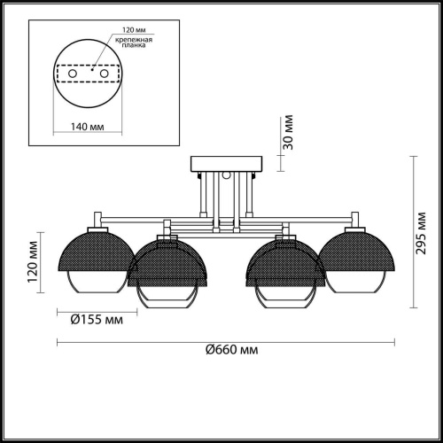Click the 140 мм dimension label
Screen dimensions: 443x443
88,127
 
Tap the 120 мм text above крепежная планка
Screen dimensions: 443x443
134,30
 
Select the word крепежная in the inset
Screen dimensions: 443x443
134,40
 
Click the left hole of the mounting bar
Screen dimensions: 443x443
73,74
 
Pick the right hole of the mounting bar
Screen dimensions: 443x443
104,74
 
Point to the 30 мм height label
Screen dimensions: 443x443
289,132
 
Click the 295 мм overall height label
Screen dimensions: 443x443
421,233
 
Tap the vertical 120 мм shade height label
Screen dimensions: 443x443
33,262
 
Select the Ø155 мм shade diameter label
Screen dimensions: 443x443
97,320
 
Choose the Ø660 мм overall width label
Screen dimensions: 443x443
232,350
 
